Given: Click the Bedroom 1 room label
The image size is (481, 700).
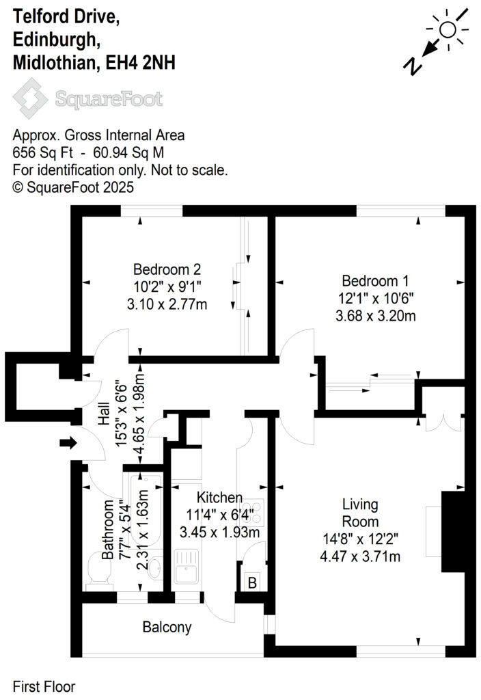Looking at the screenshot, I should pos(369,280).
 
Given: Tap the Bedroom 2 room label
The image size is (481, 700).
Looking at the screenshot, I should pos(167,269).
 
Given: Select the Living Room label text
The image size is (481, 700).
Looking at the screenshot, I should pos(360,513).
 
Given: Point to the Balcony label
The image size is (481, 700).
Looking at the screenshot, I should pos(167,627).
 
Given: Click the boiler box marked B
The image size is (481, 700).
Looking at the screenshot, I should pos(251,583).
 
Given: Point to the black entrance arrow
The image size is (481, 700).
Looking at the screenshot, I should pos(68,444).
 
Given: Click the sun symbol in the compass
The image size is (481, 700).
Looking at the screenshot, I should pos(448,29).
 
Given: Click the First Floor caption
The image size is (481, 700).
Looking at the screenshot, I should pos(44,686).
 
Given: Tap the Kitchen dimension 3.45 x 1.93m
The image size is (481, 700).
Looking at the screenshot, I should pos(217,530).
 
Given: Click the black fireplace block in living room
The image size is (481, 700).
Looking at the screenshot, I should pos(452,524).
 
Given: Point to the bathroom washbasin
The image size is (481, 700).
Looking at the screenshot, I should pos(154,568).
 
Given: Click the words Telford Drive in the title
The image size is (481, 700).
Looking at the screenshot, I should pos(66,18).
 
